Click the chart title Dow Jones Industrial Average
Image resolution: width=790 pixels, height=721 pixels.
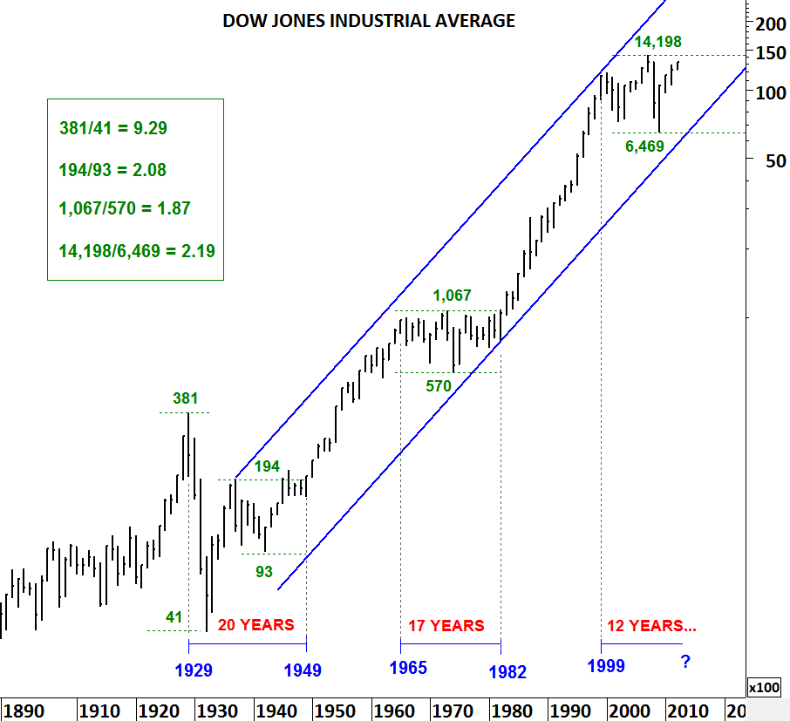(x=369, y=21)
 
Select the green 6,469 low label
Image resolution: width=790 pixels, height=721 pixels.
(x=645, y=146)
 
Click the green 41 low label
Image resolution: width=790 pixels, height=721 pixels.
(x=174, y=617)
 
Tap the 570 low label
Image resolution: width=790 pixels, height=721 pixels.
(x=438, y=385)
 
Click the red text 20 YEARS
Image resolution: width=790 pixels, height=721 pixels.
(x=255, y=625)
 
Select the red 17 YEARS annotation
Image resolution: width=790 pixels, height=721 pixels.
(x=446, y=625)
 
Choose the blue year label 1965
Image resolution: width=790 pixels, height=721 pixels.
(x=407, y=669)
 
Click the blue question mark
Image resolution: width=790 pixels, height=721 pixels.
(x=685, y=663)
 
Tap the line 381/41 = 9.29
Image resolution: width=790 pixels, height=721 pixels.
(x=113, y=128)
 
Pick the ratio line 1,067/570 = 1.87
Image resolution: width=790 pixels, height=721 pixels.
(x=125, y=208)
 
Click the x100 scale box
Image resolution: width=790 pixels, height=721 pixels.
(x=765, y=687)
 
